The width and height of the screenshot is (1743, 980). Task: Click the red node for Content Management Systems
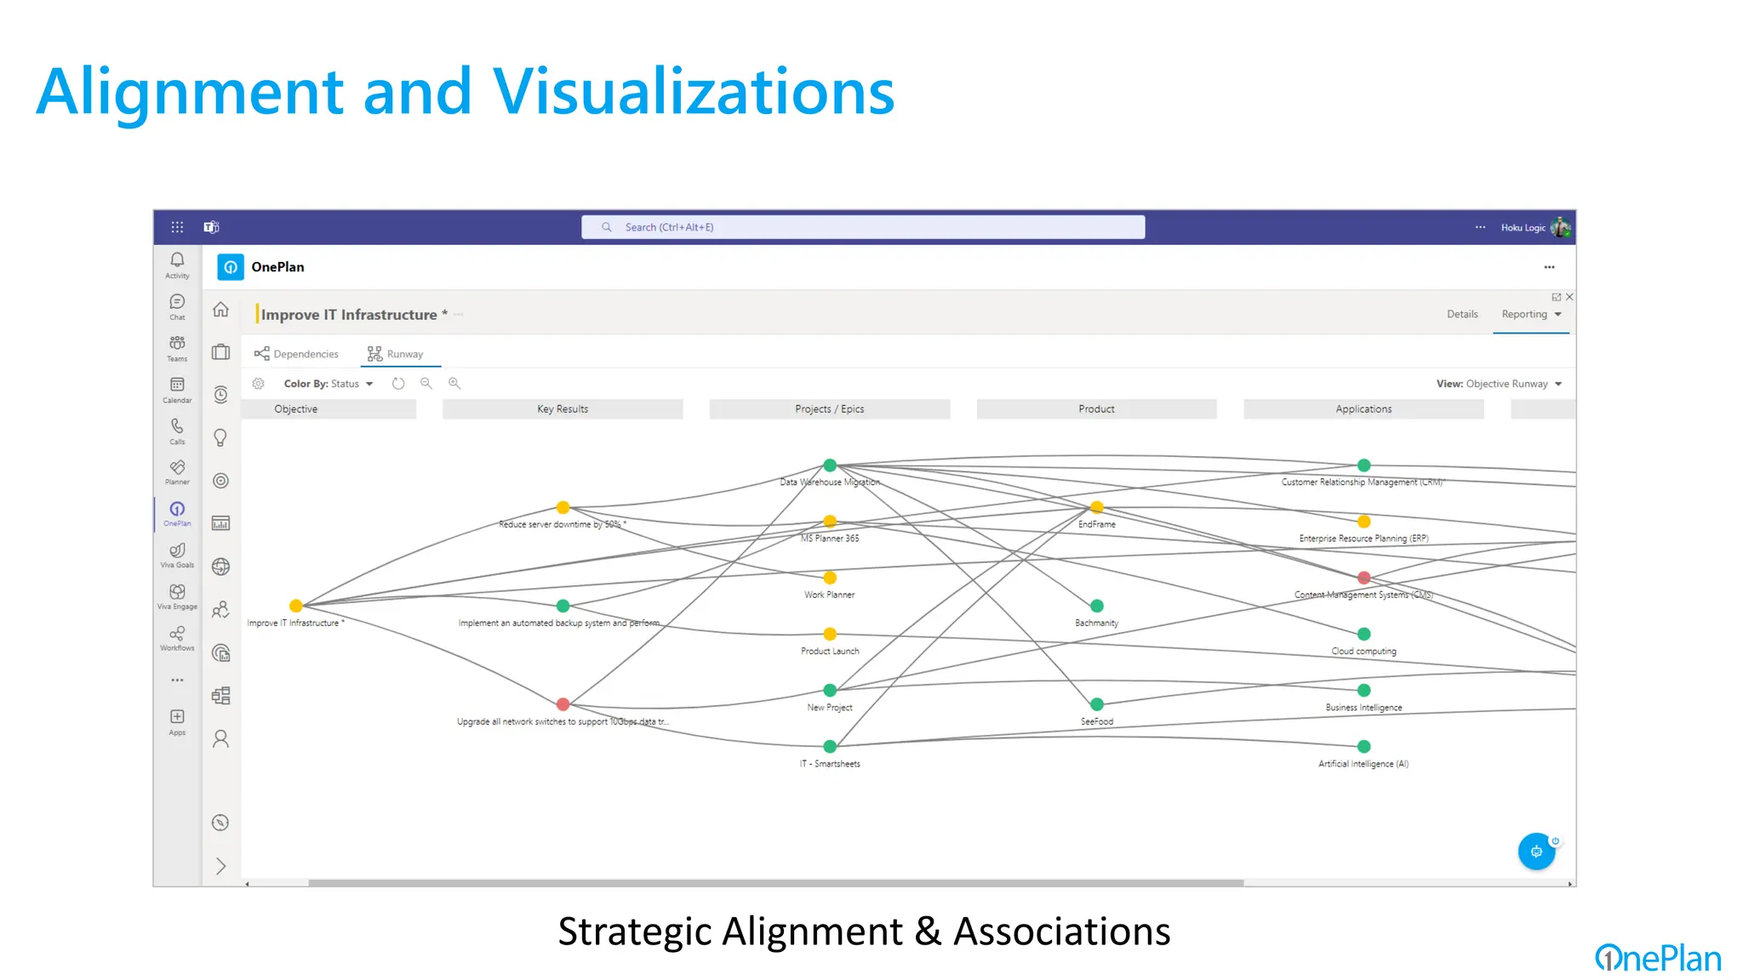(x=1363, y=578)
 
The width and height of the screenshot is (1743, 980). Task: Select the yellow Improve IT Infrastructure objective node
(x=295, y=606)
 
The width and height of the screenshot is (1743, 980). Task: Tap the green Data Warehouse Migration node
(x=830, y=465)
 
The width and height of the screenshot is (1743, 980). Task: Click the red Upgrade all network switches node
(x=563, y=704)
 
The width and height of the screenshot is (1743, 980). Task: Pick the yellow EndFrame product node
(x=1097, y=507)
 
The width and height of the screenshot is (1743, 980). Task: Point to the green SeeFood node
(x=1097, y=704)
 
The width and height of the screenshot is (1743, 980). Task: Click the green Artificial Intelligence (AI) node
(x=1363, y=746)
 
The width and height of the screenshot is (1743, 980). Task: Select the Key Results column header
(x=563, y=409)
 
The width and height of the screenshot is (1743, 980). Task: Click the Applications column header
(x=1363, y=409)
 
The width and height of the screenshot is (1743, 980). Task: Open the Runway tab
(x=396, y=354)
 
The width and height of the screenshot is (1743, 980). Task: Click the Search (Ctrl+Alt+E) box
(x=863, y=227)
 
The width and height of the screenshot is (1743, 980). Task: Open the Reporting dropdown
(x=1531, y=314)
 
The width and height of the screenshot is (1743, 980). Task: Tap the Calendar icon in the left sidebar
(x=177, y=388)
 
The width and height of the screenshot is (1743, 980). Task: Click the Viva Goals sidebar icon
(x=177, y=554)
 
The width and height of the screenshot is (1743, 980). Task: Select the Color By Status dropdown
(x=329, y=384)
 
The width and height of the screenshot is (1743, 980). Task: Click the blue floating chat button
(x=1536, y=851)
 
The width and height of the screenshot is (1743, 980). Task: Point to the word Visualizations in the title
(x=693, y=92)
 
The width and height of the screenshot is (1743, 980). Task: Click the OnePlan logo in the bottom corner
(x=1657, y=958)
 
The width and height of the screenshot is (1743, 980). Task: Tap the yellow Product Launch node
(x=830, y=634)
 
